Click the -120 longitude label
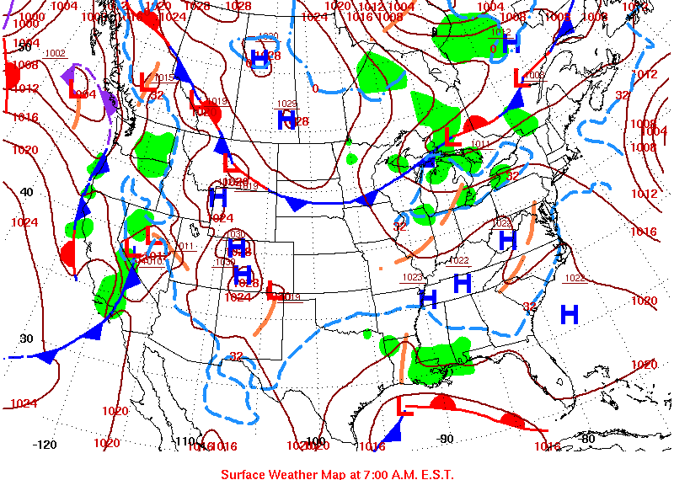(x=45, y=444)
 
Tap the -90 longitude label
(x=445, y=438)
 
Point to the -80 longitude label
(x=587, y=438)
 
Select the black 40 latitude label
(x=27, y=192)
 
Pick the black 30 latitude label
(x=26, y=339)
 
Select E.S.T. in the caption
(x=435, y=473)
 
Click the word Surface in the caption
(x=243, y=473)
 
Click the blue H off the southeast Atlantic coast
(x=570, y=315)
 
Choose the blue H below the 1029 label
(x=286, y=120)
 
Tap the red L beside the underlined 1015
(x=146, y=81)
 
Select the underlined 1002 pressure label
(x=55, y=53)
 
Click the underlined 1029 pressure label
(x=287, y=104)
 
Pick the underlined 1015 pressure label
(x=163, y=77)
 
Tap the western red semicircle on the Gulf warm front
(x=441, y=403)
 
